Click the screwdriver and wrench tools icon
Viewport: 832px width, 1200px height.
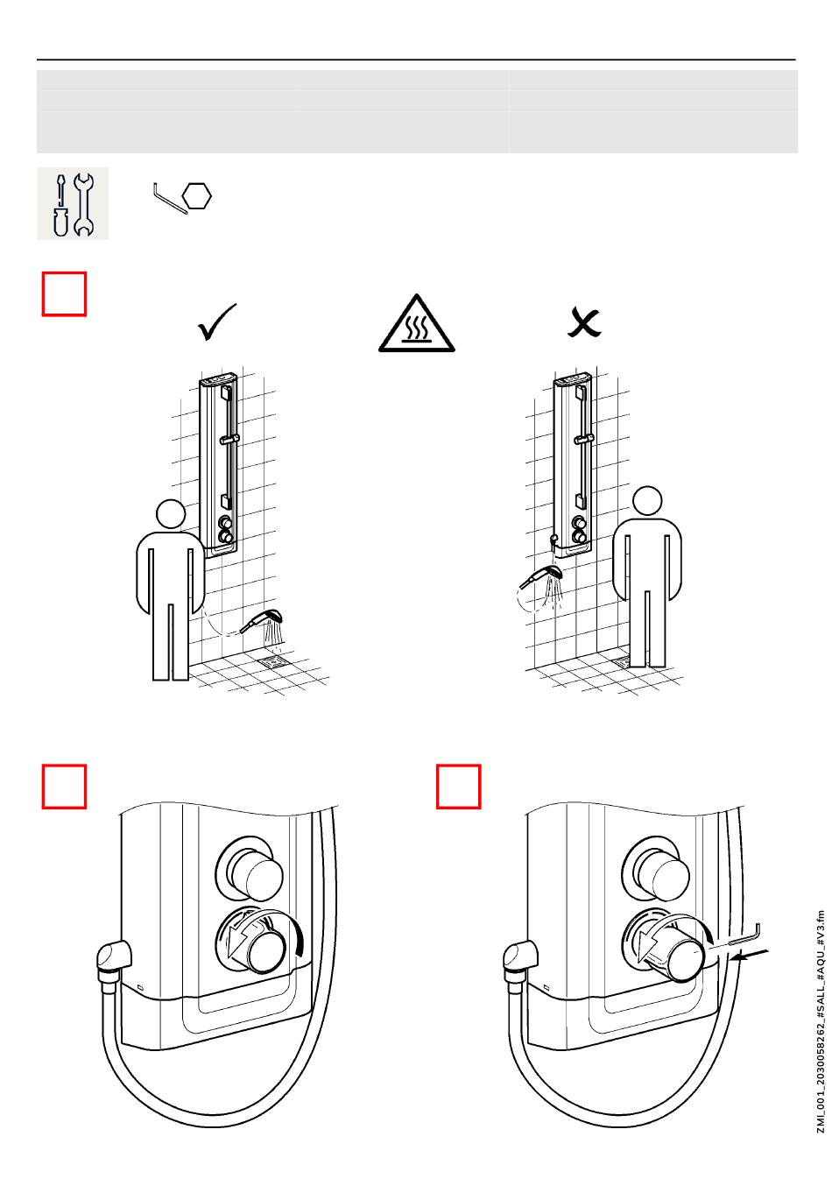73,203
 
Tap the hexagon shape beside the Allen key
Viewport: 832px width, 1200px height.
199,195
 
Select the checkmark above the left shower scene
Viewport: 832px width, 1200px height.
217,323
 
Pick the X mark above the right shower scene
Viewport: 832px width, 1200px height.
584,322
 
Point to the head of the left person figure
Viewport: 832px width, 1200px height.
170,514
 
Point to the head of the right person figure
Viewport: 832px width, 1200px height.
647,501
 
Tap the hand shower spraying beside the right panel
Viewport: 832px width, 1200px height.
542,577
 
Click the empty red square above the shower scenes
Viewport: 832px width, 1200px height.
65,293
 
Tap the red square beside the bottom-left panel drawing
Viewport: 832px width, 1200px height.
65,787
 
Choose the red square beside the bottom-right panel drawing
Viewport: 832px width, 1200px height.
459,787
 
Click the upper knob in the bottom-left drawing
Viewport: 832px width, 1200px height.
254,871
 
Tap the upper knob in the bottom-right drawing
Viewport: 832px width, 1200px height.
660,871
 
